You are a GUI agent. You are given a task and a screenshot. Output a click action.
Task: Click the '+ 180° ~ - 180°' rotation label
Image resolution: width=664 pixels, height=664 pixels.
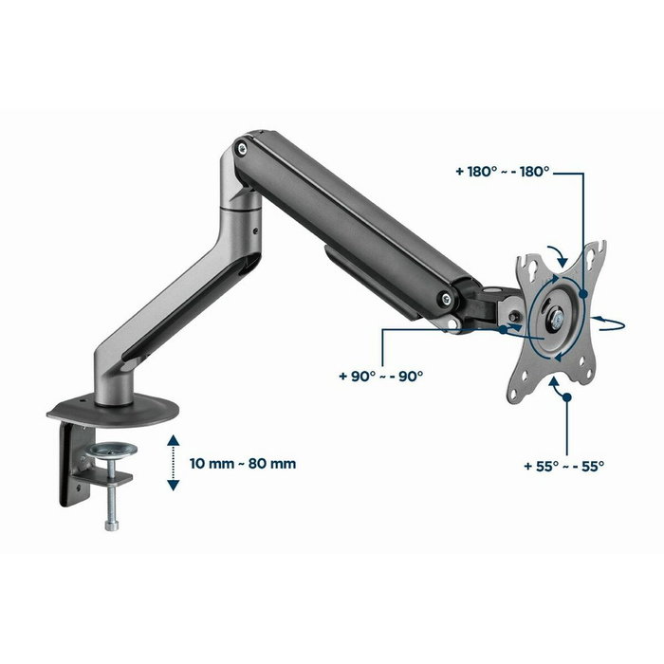pyautogui.click(x=502, y=173)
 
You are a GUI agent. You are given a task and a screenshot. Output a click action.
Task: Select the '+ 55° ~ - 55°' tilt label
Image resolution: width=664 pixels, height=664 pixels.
pyautogui.click(x=563, y=466)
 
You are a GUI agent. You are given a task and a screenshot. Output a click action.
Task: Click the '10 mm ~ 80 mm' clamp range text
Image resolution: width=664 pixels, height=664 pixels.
pyautogui.click(x=243, y=464)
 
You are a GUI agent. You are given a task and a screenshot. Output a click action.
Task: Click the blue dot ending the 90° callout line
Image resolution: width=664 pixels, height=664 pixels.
pyautogui.click(x=501, y=330)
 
